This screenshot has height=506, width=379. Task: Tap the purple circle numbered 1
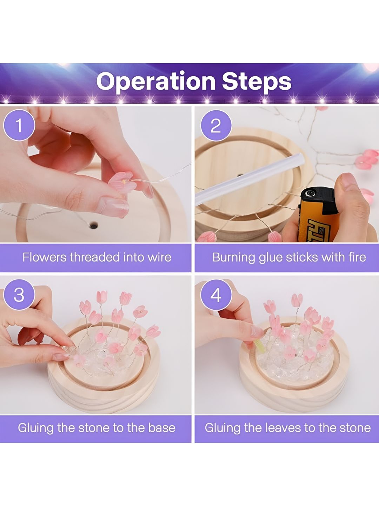pyautogui.click(x=19, y=125)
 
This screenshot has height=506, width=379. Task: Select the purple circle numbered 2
pyautogui.click(x=216, y=126)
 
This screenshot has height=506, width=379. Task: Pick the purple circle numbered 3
pyautogui.click(x=19, y=295)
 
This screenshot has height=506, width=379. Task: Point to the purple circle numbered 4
pyautogui.click(x=216, y=295)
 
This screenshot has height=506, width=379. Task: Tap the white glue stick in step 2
pyautogui.click(x=249, y=179)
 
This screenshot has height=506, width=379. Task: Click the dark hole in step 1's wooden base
pyautogui.click(x=94, y=225)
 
